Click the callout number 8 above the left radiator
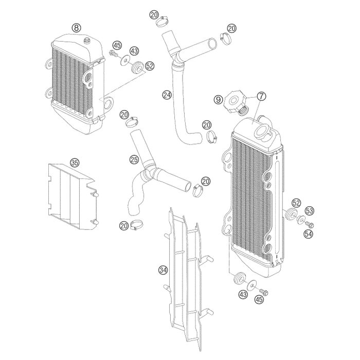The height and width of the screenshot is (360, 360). pos(76,27)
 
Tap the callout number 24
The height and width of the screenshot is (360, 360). pos(166,95)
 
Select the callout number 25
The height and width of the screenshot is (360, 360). pos(133,160)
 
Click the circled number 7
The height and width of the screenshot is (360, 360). pos(261,96)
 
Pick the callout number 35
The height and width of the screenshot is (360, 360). pos(75,163)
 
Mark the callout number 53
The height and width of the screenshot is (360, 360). pos(309,211)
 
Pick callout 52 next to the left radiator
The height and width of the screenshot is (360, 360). pos(150,66)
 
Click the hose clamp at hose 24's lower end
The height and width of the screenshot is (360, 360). pos(211,137)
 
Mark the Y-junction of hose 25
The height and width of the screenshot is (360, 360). pos(152,172)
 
